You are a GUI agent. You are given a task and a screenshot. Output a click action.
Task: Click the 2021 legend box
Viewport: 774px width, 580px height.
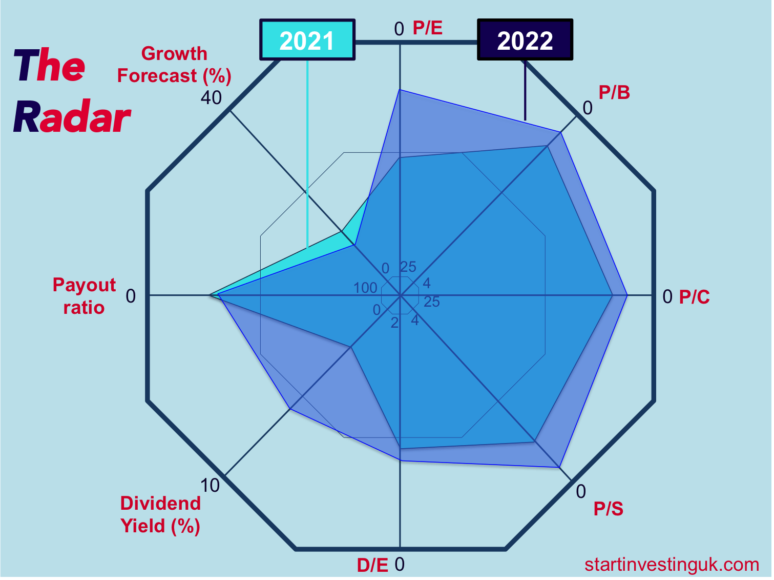pos(307,40)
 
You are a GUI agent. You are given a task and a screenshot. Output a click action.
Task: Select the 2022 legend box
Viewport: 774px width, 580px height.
pos(525,40)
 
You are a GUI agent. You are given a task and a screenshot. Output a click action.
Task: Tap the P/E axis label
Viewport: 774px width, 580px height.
pos(428,28)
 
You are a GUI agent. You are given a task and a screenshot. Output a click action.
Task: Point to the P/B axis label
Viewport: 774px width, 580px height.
pos(614,93)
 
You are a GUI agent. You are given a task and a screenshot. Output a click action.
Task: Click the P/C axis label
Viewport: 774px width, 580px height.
pos(694,297)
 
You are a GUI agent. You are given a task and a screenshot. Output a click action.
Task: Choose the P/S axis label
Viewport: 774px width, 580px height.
pos(608,509)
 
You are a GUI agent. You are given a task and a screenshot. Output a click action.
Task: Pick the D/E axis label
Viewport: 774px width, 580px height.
pos(372,565)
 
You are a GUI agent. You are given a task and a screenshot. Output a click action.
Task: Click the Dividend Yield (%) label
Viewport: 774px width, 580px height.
pos(160,514)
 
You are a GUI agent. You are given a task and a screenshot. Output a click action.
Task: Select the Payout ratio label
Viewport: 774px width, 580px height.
pos(84,296)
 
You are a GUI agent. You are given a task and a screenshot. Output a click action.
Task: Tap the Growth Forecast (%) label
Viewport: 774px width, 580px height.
pos(174,65)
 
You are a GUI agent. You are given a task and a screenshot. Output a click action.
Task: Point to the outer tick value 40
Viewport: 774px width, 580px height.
pos(211,97)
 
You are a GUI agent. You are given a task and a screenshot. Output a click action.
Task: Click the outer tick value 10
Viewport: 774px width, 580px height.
pos(210,485)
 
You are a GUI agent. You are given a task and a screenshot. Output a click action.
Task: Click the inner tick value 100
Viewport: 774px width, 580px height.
pos(365,288)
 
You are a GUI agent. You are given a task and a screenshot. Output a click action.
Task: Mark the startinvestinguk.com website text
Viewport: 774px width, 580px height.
pos(672,565)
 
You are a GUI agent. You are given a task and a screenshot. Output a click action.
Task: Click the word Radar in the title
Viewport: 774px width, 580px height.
pos(72,117)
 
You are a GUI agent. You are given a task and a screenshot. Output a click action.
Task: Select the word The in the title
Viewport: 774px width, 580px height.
pos(49,66)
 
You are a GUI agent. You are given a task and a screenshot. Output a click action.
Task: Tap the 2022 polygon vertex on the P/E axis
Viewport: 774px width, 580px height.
pos(400,90)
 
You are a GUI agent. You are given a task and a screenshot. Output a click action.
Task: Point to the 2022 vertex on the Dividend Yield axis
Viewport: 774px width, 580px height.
pos(290,409)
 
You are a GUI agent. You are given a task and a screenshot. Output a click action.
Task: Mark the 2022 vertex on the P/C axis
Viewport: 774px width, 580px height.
pos(627,295)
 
